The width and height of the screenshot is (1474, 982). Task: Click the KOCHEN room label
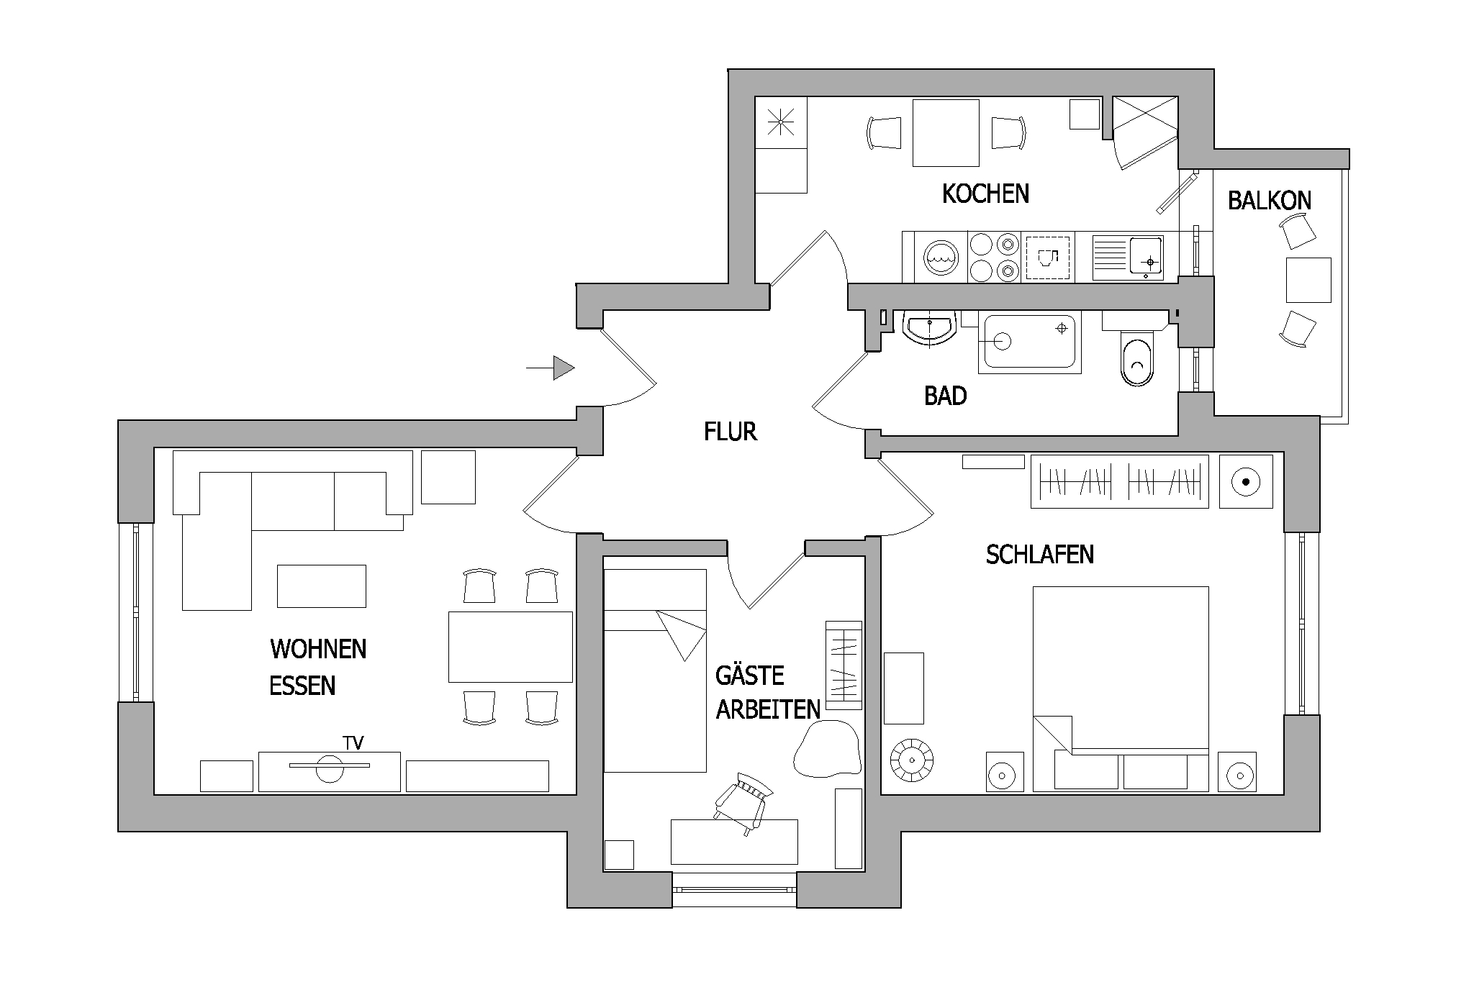pyautogui.click(x=985, y=194)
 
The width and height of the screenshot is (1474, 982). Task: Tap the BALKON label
pyautogui.click(x=1270, y=200)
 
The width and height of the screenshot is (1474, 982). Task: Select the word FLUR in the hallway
pyautogui.click(x=731, y=432)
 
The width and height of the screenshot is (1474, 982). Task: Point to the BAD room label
pyautogui.click(x=945, y=396)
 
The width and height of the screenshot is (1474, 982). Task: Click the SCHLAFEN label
pyautogui.click(x=1040, y=555)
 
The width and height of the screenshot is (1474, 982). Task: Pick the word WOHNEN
pyautogui.click(x=318, y=649)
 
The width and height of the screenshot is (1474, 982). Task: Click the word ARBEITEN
pyautogui.click(x=768, y=709)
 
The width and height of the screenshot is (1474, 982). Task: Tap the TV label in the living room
pyautogui.click(x=353, y=743)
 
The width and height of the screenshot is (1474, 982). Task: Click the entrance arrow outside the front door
pyautogui.click(x=551, y=368)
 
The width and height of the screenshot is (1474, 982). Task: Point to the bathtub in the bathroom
pyautogui.click(x=1029, y=343)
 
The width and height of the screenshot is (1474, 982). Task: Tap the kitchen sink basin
pyautogui.click(x=1147, y=257)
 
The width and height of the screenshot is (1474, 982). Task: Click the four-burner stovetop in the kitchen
pyautogui.click(x=995, y=257)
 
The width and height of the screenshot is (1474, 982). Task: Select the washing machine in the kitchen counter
pyautogui.click(x=941, y=257)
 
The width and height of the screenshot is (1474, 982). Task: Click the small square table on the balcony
pyautogui.click(x=1308, y=280)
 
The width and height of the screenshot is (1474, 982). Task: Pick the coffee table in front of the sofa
pyautogui.click(x=322, y=586)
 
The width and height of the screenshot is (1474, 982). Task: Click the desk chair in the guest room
pyautogui.click(x=743, y=802)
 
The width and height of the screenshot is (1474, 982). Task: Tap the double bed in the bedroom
pyautogui.click(x=1121, y=689)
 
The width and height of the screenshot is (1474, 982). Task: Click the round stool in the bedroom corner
pyautogui.click(x=912, y=760)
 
